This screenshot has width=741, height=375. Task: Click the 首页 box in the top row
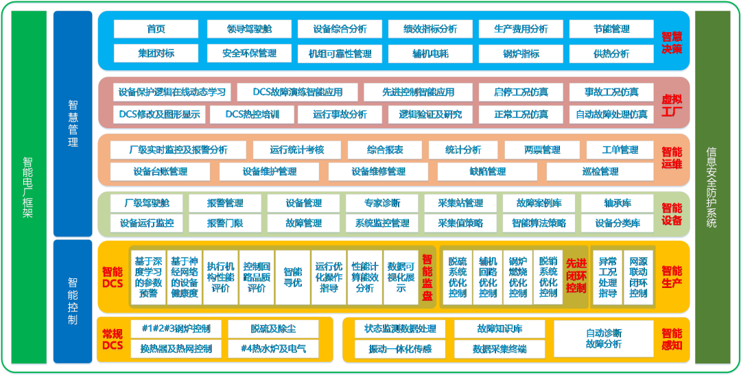(156, 29)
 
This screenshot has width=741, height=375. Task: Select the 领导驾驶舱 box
(249, 29)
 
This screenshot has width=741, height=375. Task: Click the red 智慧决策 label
(672, 42)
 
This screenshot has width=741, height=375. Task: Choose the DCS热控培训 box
(252, 114)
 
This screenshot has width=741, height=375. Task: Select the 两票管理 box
(542, 150)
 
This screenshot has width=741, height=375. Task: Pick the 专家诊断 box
(382, 204)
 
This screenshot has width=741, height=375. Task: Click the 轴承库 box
(617, 204)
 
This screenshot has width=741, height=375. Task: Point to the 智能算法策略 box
(539, 223)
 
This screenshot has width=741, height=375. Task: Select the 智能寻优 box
(292, 277)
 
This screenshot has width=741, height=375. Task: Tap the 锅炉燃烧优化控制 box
(517, 277)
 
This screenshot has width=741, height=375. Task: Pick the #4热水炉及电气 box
(273, 349)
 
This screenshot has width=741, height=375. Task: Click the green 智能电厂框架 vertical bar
(29, 188)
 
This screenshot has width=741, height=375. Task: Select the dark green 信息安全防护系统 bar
(712, 188)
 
